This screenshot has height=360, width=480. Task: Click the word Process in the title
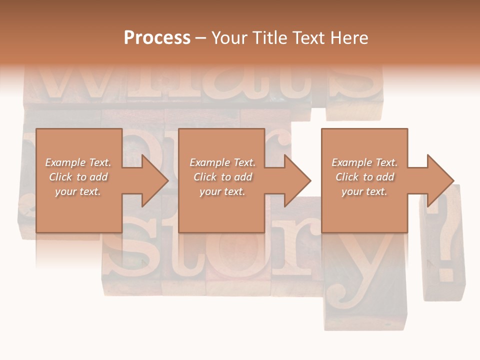tap(157, 38)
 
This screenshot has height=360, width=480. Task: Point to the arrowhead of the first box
tap(154, 180)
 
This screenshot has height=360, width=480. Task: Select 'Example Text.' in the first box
tap(78, 162)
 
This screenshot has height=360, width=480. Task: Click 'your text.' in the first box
tap(78, 191)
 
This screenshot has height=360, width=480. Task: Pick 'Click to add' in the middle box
tap(222, 177)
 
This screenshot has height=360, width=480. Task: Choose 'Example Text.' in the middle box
tap(222, 162)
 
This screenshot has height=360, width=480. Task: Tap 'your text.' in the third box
tap(364, 191)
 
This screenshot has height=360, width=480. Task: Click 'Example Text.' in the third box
tap(364, 162)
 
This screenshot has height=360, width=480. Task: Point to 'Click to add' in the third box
tap(364, 177)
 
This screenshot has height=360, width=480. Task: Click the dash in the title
tap(201, 38)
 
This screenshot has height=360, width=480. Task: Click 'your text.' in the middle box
tap(222, 191)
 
